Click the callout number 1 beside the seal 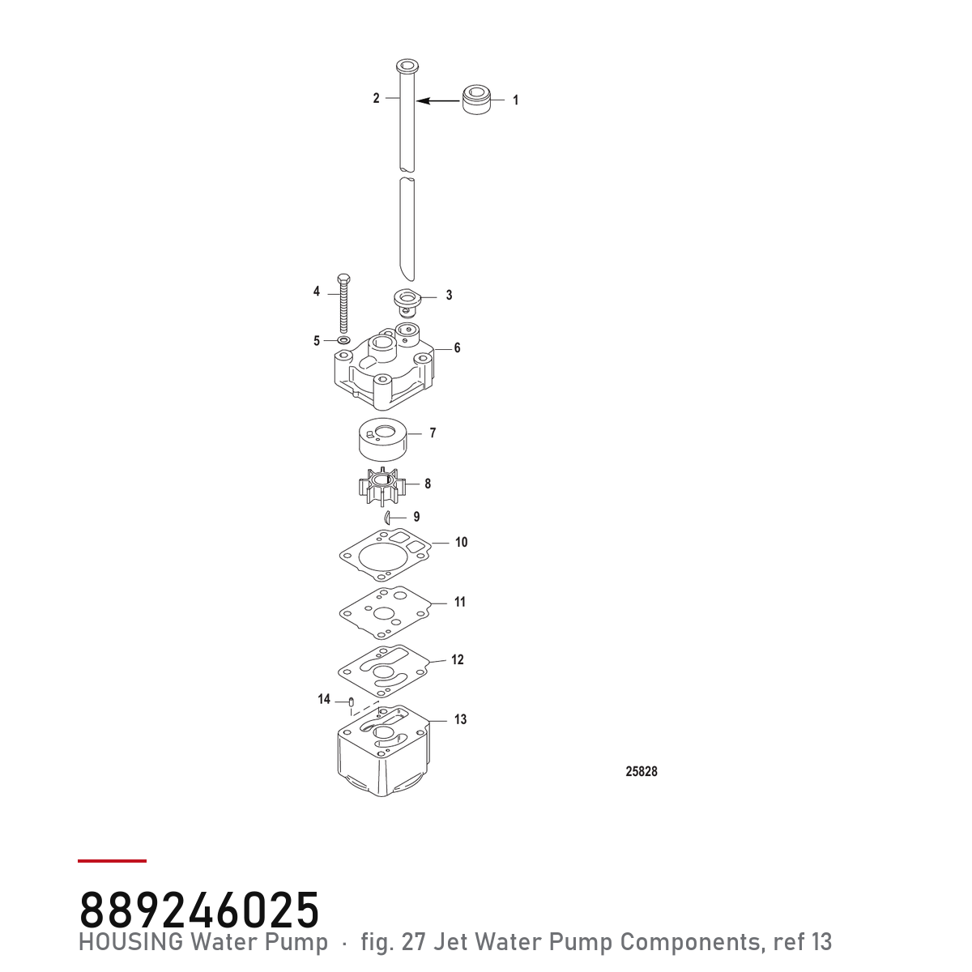coord(515,100)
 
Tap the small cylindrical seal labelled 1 coord(476,100)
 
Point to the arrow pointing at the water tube coord(438,101)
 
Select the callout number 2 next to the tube coord(377,98)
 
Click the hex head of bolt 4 coord(343,279)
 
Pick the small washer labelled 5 coord(344,340)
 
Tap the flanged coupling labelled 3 coord(407,301)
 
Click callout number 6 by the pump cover coord(457,347)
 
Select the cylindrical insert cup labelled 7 coord(383,442)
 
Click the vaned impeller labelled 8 coord(382,484)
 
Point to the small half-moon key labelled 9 coord(387,518)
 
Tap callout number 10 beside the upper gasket coord(462,542)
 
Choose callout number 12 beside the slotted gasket coord(457,659)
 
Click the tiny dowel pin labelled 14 coord(352,701)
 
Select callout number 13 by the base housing coord(460,718)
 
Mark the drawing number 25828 coord(641,771)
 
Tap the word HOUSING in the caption coord(131,941)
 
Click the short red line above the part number coord(112,860)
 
